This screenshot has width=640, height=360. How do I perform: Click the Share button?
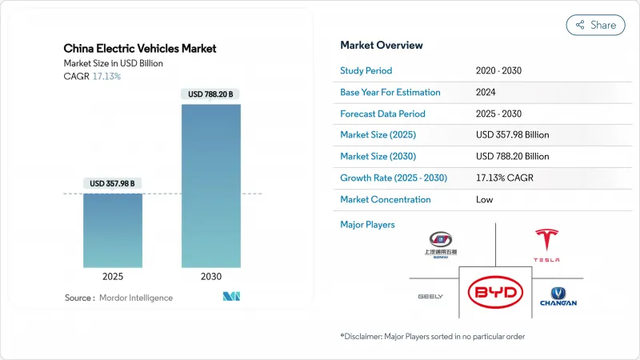coord(595,25)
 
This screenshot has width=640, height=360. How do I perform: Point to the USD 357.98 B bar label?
coord(113,183)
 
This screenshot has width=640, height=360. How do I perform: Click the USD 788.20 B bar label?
coord(211,94)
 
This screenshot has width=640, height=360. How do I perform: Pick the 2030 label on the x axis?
coord(211,276)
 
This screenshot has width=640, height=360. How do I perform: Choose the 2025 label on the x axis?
coord(113,276)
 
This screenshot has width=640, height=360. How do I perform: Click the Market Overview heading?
coord(382,45)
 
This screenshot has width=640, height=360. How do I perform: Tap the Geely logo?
coord(430,297)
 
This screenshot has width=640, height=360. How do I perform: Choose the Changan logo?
coord(558,296)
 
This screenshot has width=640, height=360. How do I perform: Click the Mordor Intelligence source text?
coord(135,298)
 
